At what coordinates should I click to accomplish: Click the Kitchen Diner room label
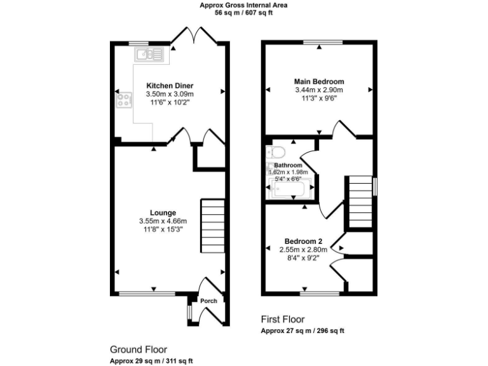click(x=170, y=86)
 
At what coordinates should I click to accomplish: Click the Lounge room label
click(x=163, y=212)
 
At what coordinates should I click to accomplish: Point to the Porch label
click(x=208, y=301)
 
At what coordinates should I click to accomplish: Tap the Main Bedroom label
click(x=319, y=81)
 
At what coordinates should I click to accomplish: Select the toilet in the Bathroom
click(x=276, y=152)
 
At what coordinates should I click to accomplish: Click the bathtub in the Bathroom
click(x=290, y=189)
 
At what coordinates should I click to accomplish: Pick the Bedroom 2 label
click(x=303, y=241)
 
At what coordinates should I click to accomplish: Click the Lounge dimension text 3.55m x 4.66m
click(x=163, y=220)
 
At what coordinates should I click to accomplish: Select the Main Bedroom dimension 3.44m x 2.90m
click(x=319, y=90)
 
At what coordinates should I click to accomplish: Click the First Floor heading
click(x=283, y=319)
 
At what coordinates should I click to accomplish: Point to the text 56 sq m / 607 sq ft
click(x=244, y=12)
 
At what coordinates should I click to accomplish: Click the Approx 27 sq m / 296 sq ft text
click(x=302, y=331)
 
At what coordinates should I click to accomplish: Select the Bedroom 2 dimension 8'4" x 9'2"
click(x=303, y=259)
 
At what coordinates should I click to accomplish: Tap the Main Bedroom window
click(x=323, y=43)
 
